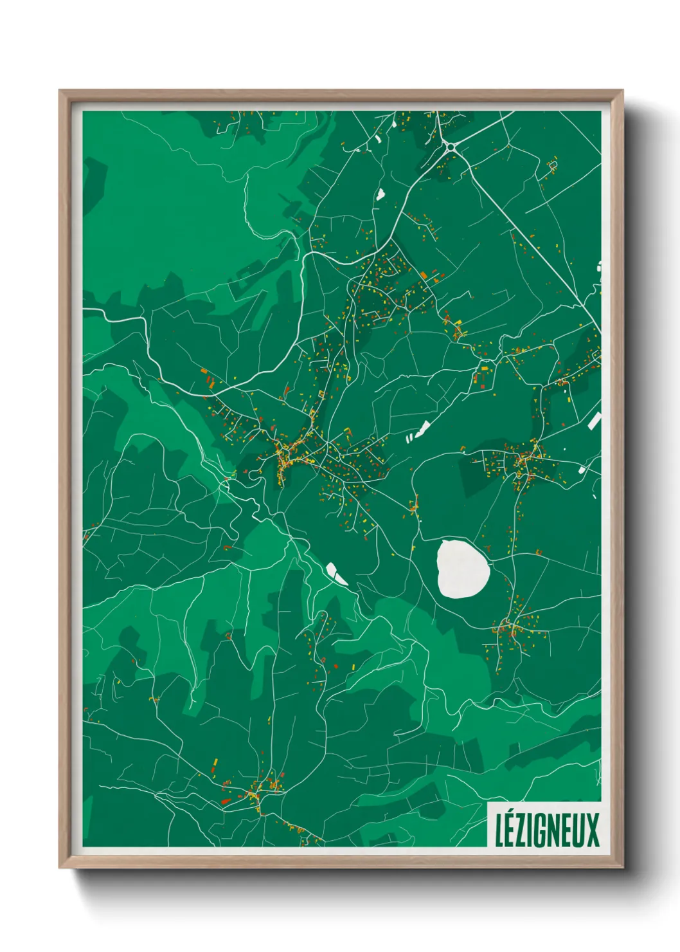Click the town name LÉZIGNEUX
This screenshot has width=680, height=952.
[x=546, y=830]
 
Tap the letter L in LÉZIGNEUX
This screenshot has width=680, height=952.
[x=499, y=830]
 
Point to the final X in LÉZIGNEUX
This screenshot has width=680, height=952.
[x=592, y=830]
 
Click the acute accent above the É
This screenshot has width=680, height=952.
[x=511, y=815]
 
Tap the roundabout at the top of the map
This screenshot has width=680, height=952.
[x=451, y=147]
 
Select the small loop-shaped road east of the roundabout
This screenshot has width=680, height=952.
[x=551, y=165]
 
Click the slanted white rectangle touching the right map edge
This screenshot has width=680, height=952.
[x=595, y=421]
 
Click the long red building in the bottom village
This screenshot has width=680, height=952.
[x=226, y=801]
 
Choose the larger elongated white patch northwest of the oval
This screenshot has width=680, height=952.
[x=422, y=429]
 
